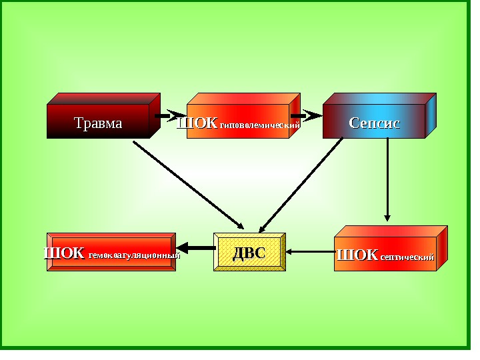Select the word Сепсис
click(x=374, y=123)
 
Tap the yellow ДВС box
click(x=249, y=253)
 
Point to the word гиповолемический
click(x=260, y=125)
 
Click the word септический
click(x=407, y=257)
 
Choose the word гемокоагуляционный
click(x=134, y=255)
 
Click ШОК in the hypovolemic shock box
click(x=197, y=123)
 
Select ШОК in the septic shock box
click(x=358, y=255)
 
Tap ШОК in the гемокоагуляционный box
click(x=64, y=253)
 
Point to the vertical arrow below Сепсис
click(x=387, y=180)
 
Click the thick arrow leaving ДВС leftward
click(x=195, y=248)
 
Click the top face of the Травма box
click(x=103, y=98)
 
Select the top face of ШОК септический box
click(x=391, y=231)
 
